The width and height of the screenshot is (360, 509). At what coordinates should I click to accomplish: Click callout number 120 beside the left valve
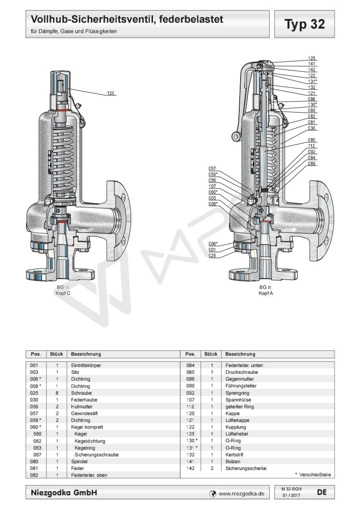(x=111, y=93)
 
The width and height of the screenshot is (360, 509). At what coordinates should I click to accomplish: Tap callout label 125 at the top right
(x=311, y=59)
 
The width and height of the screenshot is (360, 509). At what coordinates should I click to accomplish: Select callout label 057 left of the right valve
(x=212, y=168)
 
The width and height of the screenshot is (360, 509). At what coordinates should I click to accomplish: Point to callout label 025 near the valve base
(x=212, y=255)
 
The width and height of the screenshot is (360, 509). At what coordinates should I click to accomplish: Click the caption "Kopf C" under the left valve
(x=62, y=293)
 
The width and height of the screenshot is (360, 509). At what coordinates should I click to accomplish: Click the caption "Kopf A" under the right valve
(x=266, y=293)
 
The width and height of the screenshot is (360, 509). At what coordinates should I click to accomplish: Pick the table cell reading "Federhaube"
(x=81, y=400)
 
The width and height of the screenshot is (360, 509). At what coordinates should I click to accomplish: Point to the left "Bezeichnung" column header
(x=85, y=353)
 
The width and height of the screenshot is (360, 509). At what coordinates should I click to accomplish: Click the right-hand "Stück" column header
(x=212, y=353)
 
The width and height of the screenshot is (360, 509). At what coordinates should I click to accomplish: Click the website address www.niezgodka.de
(x=242, y=493)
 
